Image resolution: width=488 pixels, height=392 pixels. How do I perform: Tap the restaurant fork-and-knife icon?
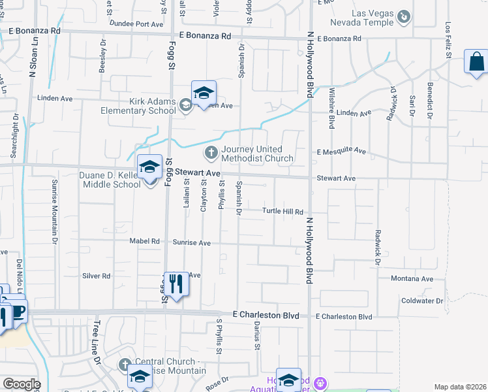[x=175, y=284]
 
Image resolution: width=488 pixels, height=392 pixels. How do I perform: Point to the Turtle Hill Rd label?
[x=283, y=212]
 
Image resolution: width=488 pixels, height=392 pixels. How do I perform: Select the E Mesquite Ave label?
[x=341, y=151]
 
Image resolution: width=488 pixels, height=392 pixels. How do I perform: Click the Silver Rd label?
[x=96, y=276]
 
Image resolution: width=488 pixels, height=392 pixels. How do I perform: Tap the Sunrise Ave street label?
[x=192, y=242]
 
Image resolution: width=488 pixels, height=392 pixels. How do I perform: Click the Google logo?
[x=21, y=384]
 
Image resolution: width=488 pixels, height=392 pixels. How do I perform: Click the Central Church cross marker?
[x=125, y=364]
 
